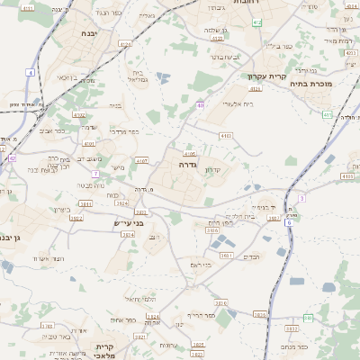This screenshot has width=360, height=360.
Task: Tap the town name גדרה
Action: (188, 165)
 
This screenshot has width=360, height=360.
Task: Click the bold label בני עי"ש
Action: (130, 221)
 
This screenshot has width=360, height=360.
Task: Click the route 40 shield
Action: (201, 105)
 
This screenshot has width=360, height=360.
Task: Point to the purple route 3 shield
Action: (302, 197)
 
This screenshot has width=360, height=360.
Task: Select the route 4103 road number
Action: (225, 135)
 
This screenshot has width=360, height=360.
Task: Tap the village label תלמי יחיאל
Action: (140, 298)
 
